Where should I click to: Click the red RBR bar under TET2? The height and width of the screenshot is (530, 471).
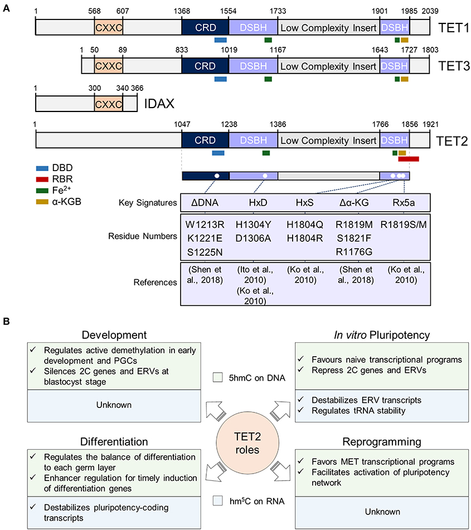click(408, 159)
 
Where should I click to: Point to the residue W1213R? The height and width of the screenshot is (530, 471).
click(205, 223)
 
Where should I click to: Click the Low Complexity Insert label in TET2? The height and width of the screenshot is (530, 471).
click(328, 140)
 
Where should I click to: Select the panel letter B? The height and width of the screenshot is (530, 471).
click(7, 322)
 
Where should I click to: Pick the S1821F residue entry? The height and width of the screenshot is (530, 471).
click(353, 236)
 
